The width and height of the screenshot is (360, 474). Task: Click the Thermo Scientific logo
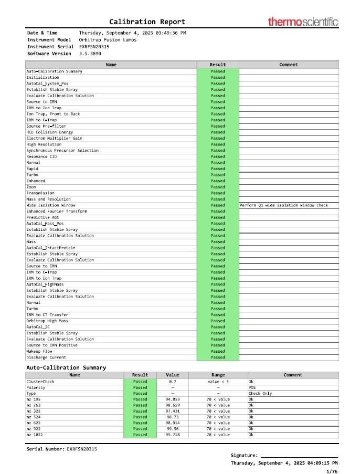pyautogui.click(x=303, y=22)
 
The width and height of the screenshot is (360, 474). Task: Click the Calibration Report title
pyautogui.click(x=147, y=22)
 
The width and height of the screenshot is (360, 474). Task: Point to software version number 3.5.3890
pyautogui.click(x=90, y=54)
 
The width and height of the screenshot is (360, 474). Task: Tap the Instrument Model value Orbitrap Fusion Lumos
pyautogui.click(x=108, y=40)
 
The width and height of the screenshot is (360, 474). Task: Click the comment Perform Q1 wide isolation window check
pyautogui.click(x=284, y=205)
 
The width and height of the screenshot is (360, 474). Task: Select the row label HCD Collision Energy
pyautogui.click(x=50, y=132)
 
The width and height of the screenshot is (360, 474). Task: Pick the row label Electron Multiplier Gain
pyautogui.click(x=54, y=139)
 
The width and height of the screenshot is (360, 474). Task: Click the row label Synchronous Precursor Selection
pyautogui.click(x=62, y=151)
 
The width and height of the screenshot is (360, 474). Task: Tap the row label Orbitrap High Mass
pyautogui.click(x=47, y=321)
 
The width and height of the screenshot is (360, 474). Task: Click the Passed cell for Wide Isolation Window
pyautogui.click(x=218, y=205)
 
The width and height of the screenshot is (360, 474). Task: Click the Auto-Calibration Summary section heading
pyautogui.click(x=66, y=367)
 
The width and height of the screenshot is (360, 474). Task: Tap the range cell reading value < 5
pyautogui.click(x=218, y=382)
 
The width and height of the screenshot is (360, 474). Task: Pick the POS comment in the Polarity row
pyautogui.click(x=252, y=387)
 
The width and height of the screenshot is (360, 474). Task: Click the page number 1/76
pyautogui.click(x=332, y=471)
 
